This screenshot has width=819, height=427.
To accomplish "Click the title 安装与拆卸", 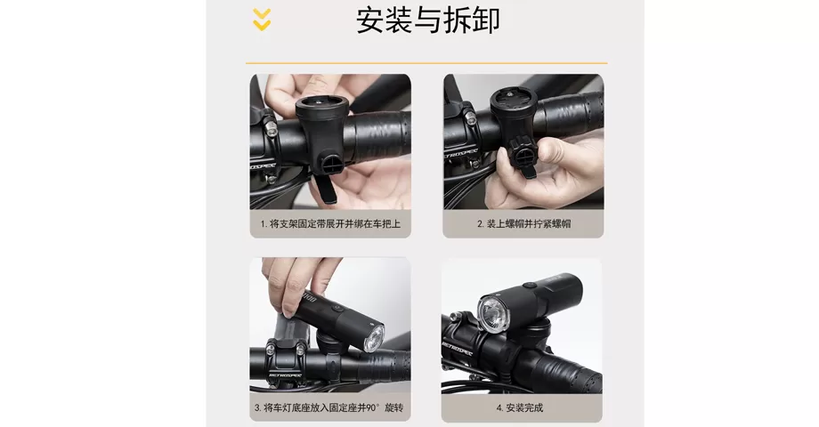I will coord(428,20).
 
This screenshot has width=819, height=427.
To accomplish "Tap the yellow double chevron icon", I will coord(262,20).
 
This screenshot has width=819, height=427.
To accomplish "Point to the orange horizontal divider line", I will coord(426,63).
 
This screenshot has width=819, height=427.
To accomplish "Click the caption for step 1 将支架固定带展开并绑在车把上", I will coord(330,224).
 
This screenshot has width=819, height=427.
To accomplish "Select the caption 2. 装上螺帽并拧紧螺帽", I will coord(523,224).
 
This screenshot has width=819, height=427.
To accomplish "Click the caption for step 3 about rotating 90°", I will coord(328,408).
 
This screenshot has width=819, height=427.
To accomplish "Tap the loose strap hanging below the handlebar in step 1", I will coord(324,187).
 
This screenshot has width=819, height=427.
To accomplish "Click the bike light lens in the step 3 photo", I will coord(376,337).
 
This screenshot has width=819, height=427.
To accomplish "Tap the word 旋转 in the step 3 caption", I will coord(392,408).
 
